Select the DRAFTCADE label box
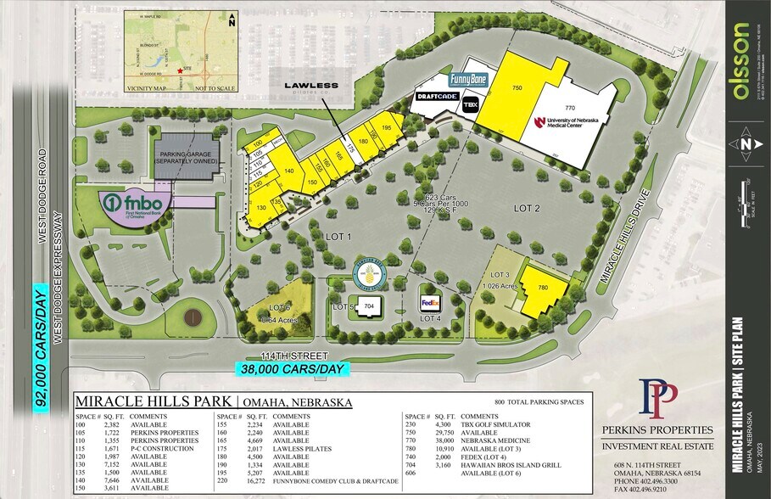click(438, 98)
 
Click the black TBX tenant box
click(470, 104)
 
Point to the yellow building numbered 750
click(517, 88)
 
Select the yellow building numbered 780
click(540, 289)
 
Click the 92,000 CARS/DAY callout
click(41, 347)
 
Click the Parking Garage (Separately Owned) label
click(185, 159)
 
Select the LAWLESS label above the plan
click(311, 85)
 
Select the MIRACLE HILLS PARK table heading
click(153, 401)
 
